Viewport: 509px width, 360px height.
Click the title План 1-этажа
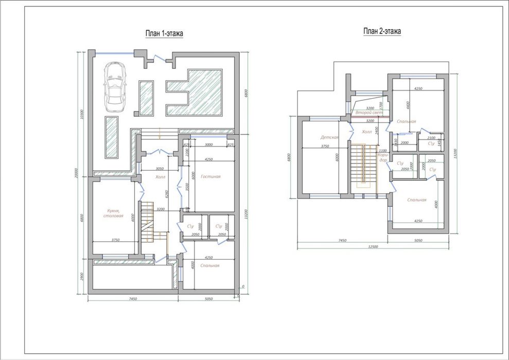coord(164,33)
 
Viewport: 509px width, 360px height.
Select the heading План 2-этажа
coord(382,31)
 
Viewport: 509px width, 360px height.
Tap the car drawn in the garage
coord(115,87)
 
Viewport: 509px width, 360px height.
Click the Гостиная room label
coord(210,176)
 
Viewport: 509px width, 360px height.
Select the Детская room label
coord(329,137)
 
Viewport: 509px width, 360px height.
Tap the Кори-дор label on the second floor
coord(382,157)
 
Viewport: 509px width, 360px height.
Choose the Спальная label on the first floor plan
coord(210,265)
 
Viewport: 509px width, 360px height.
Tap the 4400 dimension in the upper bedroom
coord(408,105)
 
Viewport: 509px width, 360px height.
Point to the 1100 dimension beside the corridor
coord(382,151)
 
